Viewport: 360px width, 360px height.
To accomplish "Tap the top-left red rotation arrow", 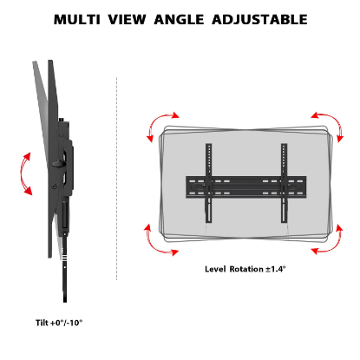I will click(x=161, y=124).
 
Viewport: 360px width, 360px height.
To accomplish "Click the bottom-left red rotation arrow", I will click(x=161, y=241).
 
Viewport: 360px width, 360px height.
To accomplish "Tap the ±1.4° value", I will click(x=278, y=270).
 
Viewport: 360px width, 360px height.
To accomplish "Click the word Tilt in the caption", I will click(x=43, y=322).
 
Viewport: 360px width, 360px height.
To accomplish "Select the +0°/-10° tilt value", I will click(x=67, y=322).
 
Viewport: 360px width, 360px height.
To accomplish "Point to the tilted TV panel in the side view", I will click(x=43, y=147).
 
